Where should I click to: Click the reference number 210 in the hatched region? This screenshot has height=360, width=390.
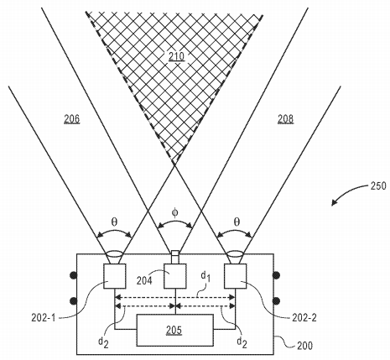[176, 57]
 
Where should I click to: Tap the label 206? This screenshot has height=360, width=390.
[72, 119]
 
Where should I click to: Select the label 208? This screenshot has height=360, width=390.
[285, 119]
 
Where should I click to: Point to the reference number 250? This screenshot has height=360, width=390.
[378, 186]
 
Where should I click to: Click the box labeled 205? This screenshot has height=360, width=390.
[175, 330]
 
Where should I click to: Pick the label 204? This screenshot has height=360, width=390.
[144, 280]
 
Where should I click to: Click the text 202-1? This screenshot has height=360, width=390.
[44, 317]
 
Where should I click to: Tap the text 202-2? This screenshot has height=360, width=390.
[304, 317]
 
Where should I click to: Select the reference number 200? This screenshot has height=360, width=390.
[304, 346]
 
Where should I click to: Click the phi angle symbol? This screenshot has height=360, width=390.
[174, 213]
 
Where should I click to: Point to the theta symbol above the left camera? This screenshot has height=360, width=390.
[114, 222]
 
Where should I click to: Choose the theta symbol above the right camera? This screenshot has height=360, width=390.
[237, 222]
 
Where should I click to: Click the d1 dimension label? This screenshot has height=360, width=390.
[205, 277]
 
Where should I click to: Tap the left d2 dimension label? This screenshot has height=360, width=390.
[103, 342]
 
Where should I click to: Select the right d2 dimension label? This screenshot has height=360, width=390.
[242, 342]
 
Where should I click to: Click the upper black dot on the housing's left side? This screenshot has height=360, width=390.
[73, 275]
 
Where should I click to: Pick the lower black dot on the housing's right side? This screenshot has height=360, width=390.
[277, 301]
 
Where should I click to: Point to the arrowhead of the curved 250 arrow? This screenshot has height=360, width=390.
[333, 204]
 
